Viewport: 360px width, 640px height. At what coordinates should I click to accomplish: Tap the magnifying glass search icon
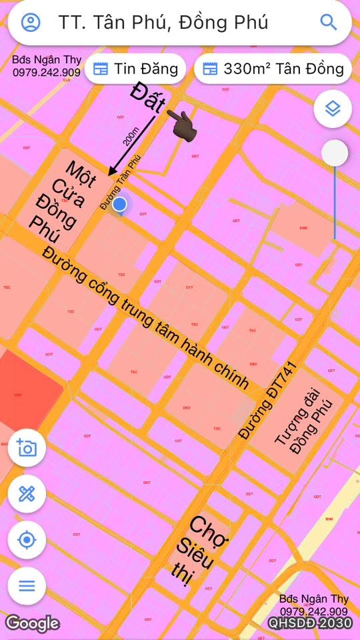(x=329, y=22)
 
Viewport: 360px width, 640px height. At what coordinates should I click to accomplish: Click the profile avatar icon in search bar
(x=31, y=22)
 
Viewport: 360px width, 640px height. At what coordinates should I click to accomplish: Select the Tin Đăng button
(x=135, y=68)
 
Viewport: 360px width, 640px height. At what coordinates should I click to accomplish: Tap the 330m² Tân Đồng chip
(x=273, y=68)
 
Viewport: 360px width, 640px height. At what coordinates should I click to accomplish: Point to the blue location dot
(x=120, y=204)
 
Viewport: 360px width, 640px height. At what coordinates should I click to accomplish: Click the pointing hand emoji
(x=179, y=123)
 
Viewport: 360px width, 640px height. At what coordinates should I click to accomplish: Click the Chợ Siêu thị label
(x=199, y=551)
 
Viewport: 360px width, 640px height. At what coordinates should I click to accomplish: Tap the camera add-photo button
(x=27, y=447)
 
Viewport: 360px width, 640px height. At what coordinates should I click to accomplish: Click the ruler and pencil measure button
(x=27, y=494)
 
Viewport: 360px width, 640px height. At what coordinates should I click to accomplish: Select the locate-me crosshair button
(x=27, y=539)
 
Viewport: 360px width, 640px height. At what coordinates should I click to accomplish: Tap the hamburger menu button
(x=27, y=586)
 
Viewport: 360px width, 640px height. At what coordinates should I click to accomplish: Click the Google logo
(x=32, y=623)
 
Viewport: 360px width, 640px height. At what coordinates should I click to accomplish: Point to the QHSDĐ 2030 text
(x=310, y=623)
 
